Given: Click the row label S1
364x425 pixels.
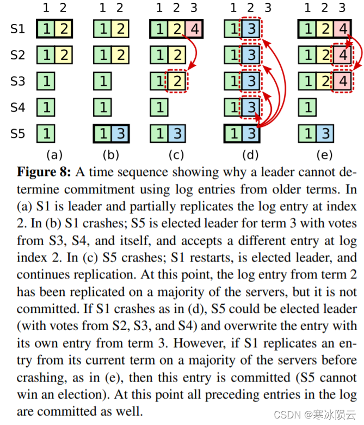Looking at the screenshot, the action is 18,28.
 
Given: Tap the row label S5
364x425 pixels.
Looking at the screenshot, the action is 18,133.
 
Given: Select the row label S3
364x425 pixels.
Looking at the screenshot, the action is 18,81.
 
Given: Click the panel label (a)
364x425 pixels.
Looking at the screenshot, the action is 53,155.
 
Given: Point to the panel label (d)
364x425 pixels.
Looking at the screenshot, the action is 250,155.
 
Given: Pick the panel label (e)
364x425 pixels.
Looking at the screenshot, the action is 324,155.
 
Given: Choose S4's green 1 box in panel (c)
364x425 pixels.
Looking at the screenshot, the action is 159,107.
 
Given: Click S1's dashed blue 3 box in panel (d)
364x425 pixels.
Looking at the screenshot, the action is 250,28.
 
